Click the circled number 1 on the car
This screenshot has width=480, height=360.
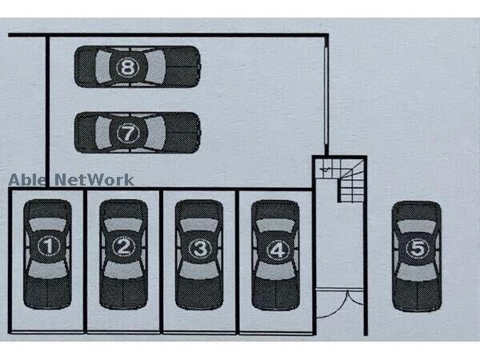[48, 246]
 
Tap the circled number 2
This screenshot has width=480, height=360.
[122, 246]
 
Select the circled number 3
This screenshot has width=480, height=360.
[199, 248]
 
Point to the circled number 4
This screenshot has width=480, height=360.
[276, 249]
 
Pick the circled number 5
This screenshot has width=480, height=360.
[416, 248]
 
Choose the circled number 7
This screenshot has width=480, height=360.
[128, 133]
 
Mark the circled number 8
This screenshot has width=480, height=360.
[130, 66]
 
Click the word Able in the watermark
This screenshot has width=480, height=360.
[28, 180]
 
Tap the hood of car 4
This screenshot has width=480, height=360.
[276, 210]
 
